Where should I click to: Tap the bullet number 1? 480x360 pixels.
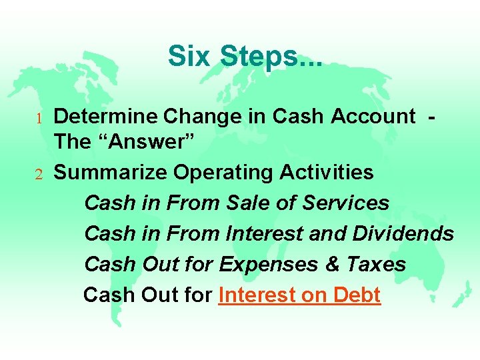pos(39,118)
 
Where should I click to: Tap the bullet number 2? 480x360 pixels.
pos(39,175)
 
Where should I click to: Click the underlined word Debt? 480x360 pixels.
pos(356,295)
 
